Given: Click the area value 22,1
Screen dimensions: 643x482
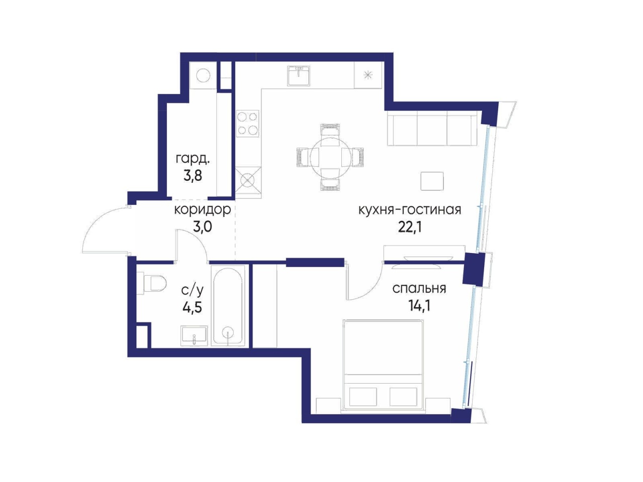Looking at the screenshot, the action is pyautogui.click(x=410, y=226).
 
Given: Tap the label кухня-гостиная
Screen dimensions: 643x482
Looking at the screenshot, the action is pyautogui.click(x=410, y=210).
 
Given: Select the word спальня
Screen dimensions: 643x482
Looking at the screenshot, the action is pyautogui.click(x=419, y=289).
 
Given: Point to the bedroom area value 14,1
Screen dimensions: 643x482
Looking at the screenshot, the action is pyautogui.click(x=419, y=306).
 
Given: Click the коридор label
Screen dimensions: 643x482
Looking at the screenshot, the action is pyautogui.click(x=203, y=210).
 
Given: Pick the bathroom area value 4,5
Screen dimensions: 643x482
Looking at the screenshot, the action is pyautogui.click(x=192, y=308).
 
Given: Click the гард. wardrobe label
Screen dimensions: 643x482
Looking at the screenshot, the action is pyautogui.click(x=193, y=159).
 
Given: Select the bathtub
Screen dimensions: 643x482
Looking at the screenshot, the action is pyautogui.click(x=228, y=306).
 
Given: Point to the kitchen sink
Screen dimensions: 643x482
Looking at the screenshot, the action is pyautogui.click(x=298, y=75).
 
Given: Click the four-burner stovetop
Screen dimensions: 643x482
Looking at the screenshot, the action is pyautogui.click(x=248, y=124).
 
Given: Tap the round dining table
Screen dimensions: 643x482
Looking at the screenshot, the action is pyautogui.click(x=330, y=156).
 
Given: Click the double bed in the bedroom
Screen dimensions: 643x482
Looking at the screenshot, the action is pyautogui.click(x=384, y=367).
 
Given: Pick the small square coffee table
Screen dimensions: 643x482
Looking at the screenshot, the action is pyautogui.click(x=432, y=181).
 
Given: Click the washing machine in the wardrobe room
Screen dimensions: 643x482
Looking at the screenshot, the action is pyautogui.click(x=203, y=75).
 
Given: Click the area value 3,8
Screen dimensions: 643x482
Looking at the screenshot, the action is pyautogui.click(x=193, y=176).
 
